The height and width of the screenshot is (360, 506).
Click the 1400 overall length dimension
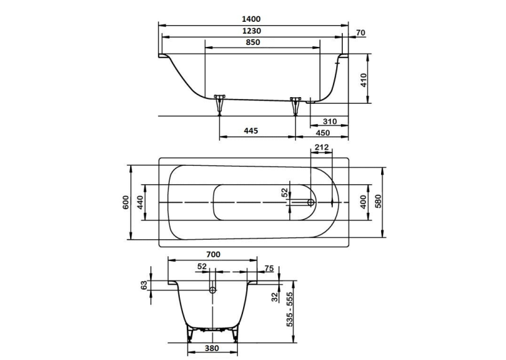(251, 19)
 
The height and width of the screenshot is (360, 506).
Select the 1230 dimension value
(252, 31)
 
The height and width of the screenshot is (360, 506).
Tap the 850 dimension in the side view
(253, 42)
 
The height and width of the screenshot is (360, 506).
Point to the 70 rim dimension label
(361, 32)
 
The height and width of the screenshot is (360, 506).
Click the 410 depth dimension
(364, 81)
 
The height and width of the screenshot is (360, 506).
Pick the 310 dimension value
(330, 122)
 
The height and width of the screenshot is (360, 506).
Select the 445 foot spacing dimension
(251, 131)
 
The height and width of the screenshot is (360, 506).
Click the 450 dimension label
(323, 133)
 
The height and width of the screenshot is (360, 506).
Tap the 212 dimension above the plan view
(322, 147)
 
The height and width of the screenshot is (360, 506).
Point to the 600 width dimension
(126, 202)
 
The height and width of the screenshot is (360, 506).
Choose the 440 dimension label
(141, 202)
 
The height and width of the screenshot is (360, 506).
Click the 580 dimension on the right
(379, 201)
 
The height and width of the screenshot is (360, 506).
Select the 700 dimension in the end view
(213, 254)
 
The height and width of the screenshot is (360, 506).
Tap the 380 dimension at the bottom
(211, 348)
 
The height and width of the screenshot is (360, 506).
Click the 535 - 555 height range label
(290, 309)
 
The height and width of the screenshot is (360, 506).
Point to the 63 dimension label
(144, 285)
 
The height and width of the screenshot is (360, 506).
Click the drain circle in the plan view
(310, 202)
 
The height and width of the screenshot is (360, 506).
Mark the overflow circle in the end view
(212, 290)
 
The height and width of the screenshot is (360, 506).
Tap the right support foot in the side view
(295, 105)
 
